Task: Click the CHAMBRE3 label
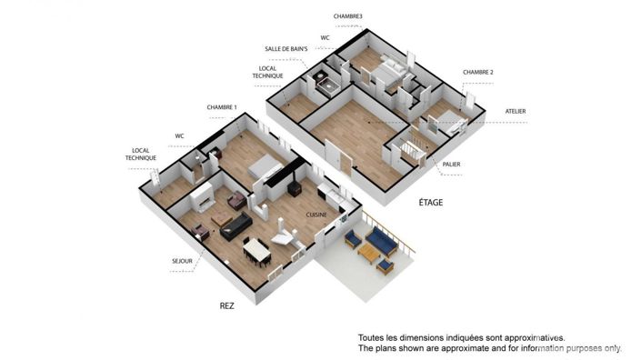coord(348,16)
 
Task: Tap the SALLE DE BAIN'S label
coord(285,49)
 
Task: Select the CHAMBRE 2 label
coord(478,72)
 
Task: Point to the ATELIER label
coord(516,111)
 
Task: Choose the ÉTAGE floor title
coord(430,203)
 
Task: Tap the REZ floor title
coord(226,306)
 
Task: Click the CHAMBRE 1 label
coord(222,107)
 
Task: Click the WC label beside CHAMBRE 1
coord(180,136)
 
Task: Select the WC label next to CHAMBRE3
coord(325,37)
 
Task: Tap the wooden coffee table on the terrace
coord(369,251)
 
